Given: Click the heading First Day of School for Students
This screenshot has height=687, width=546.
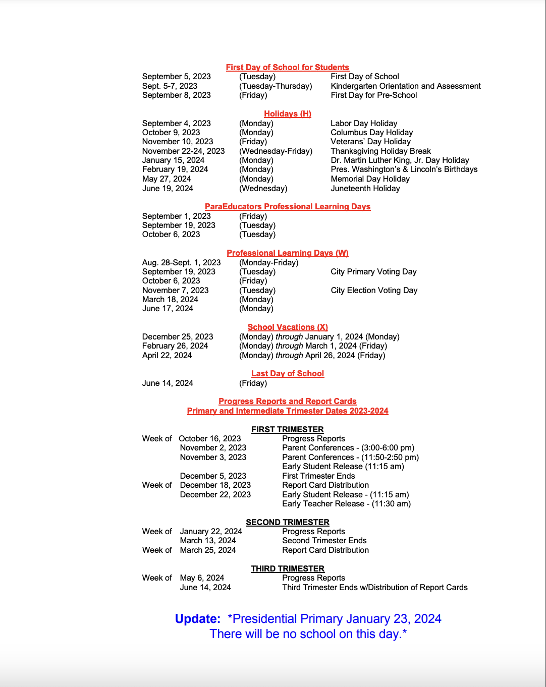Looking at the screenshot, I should tap(287, 67).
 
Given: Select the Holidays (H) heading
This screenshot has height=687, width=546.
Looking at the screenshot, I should tap(287, 113).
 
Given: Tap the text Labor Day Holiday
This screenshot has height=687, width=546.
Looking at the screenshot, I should tap(364, 123).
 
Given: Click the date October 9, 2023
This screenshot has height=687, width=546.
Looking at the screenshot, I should tap(171, 132).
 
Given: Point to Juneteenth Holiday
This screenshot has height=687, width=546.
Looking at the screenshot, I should tap(365, 188).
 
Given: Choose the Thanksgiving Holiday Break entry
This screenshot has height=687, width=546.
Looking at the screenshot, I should tap(380, 151).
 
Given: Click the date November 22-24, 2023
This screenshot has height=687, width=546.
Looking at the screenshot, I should tap(183, 151).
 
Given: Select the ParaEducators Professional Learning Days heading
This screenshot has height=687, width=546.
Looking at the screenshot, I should tap(287, 206).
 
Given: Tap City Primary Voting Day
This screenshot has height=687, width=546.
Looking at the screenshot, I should tap(373, 271).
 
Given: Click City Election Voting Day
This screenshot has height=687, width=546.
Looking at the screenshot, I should tap(374, 290).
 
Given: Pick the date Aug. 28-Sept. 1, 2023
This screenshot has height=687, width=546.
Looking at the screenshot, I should tap(181, 262).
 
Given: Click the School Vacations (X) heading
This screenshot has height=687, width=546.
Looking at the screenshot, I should tap(287, 327).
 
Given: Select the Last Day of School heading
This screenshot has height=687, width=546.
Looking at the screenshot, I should tap(287, 373).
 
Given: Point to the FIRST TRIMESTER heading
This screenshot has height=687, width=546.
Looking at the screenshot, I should tap(287, 429).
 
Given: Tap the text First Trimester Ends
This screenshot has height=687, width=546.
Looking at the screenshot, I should tap(318, 476).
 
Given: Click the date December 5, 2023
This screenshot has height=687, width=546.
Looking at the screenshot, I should tap(213, 476).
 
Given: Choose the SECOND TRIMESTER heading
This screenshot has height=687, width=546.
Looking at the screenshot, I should tap(287, 522).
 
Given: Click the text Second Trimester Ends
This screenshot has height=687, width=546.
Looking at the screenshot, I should tap(324, 540).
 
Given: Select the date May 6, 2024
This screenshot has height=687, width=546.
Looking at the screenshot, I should tap(202, 578).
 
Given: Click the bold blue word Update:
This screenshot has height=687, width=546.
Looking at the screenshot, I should tap(197, 619).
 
